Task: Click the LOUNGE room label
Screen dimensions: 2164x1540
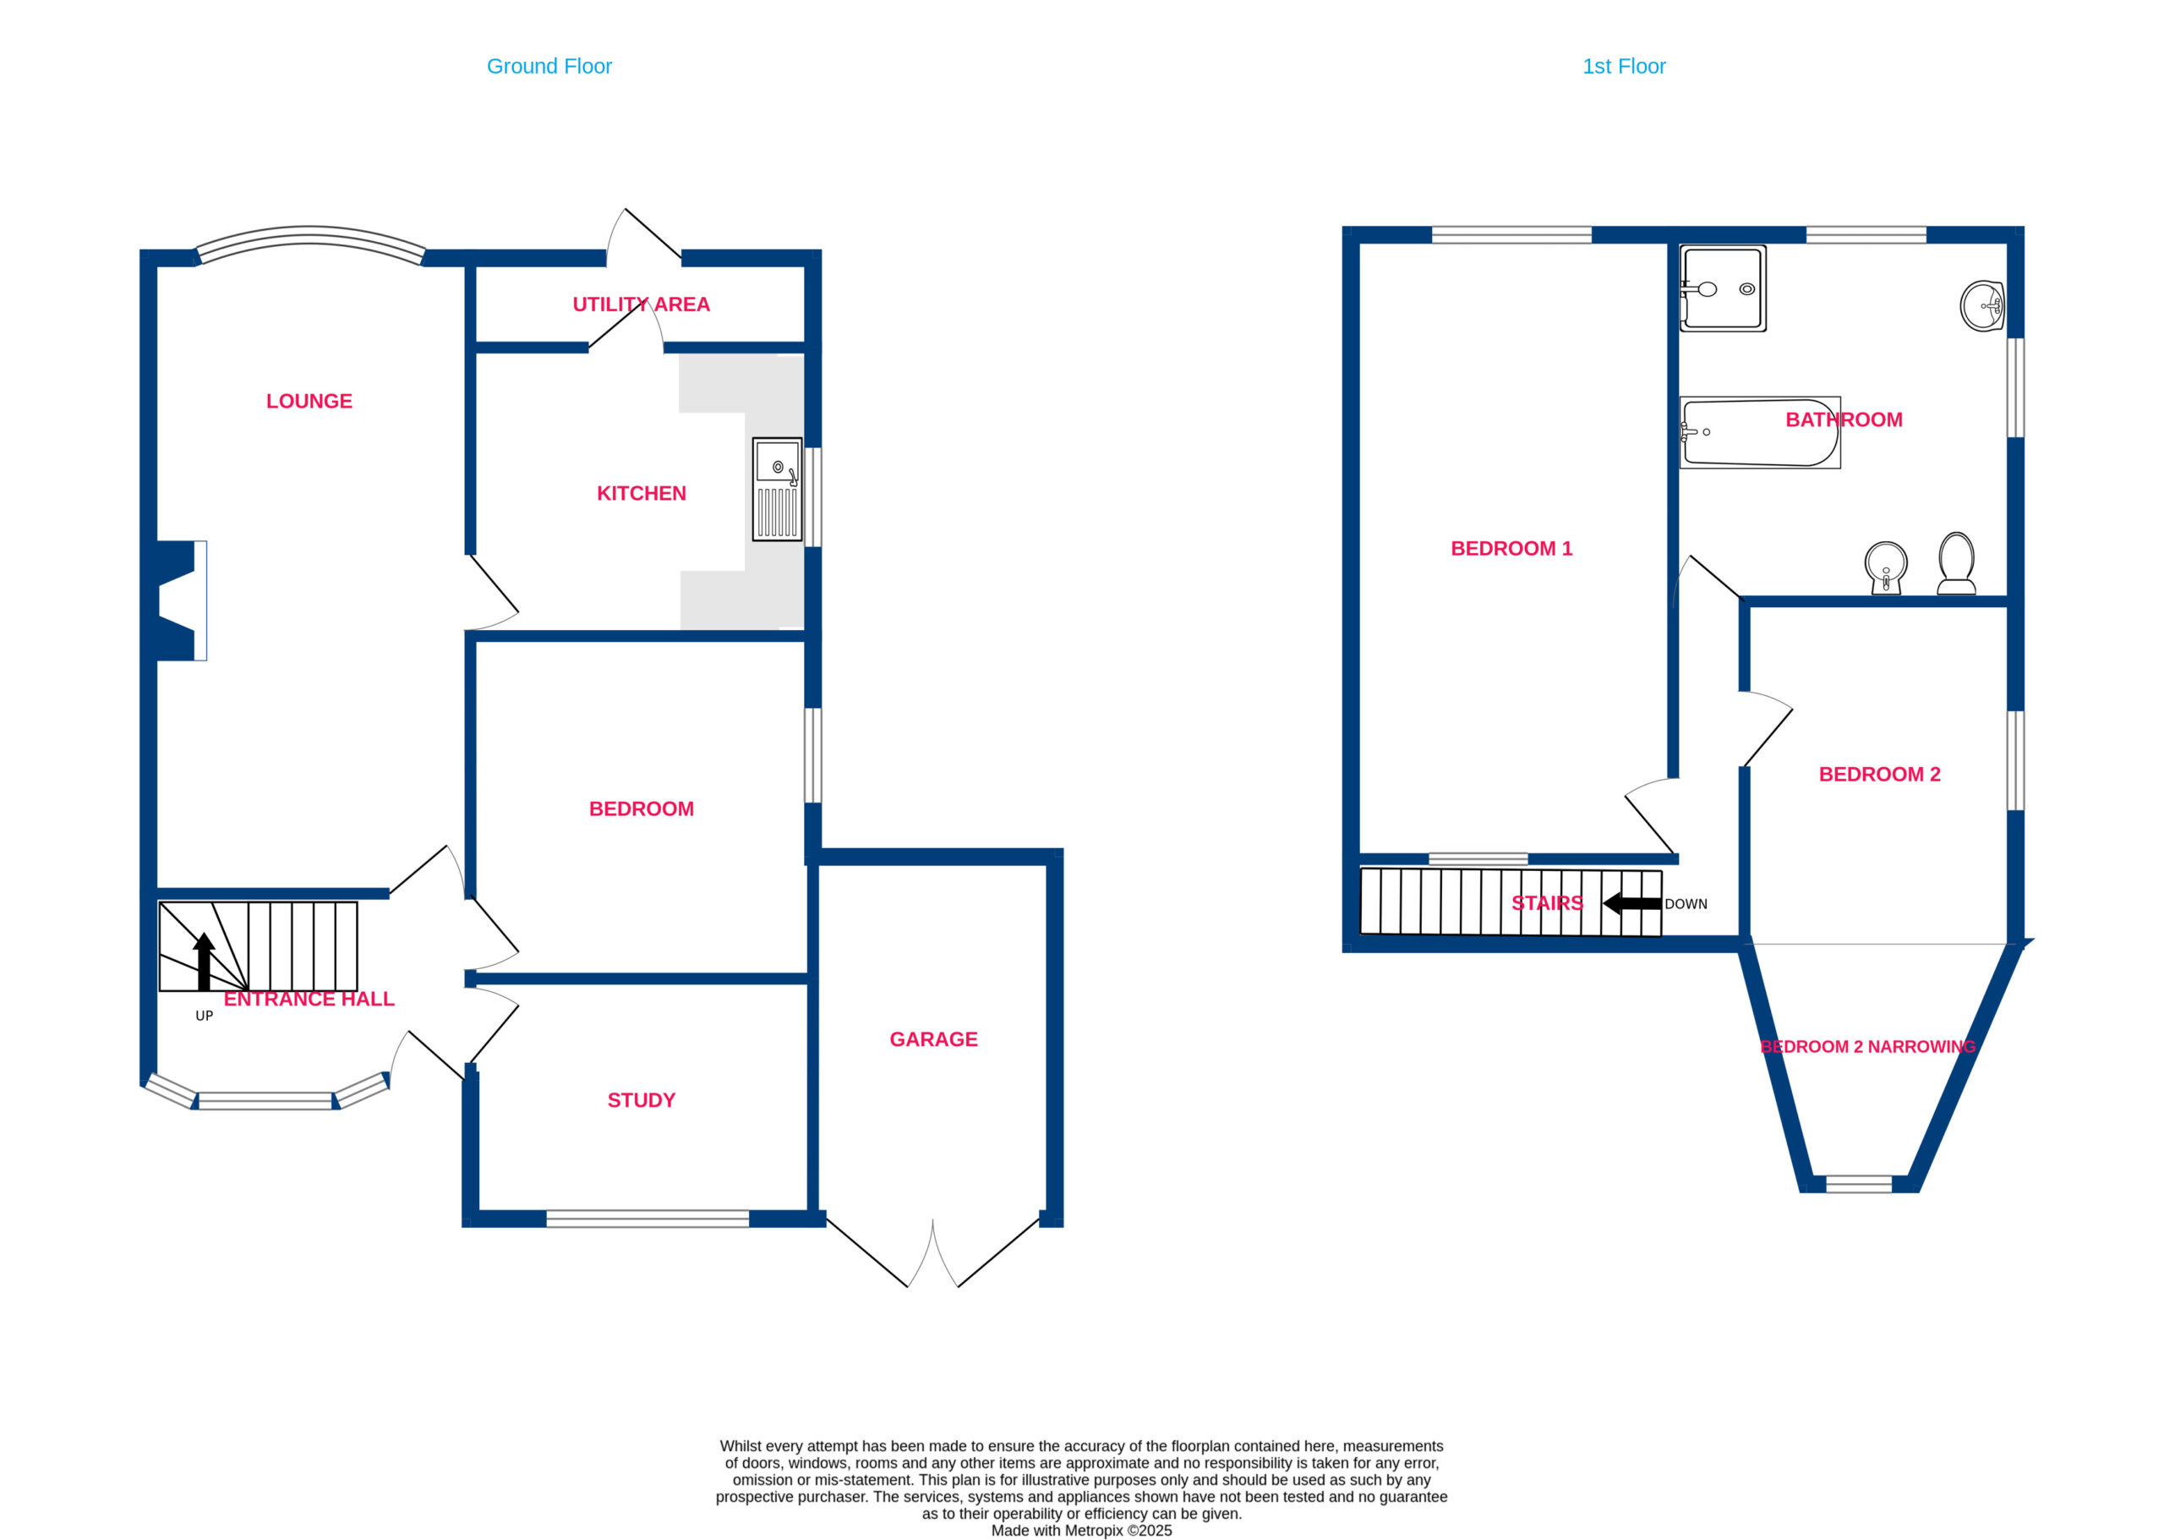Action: [x=309, y=401]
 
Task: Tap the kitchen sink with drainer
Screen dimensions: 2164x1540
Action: [x=776, y=490]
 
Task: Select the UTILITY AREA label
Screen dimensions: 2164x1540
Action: [x=641, y=304]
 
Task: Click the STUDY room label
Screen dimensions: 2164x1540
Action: [x=641, y=1100]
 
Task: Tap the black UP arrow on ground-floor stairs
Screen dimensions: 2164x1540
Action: [x=204, y=961]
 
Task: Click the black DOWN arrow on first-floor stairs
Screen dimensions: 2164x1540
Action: [x=1631, y=904]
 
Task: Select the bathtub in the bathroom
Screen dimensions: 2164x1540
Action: [x=1759, y=432]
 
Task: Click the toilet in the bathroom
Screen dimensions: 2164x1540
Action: [x=1956, y=563]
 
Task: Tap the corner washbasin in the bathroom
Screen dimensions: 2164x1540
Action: [x=1981, y=305]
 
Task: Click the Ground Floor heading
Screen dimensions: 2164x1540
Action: [x=549, y=66]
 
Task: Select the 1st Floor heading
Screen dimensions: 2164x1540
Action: [x=1624, y=66]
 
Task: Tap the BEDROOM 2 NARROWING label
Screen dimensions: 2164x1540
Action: [x=1867, y=1047]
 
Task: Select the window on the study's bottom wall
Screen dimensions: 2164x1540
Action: [x=648, y=1219]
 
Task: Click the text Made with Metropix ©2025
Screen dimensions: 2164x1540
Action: [x=1081, y=1531]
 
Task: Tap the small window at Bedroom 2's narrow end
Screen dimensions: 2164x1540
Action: [x=1858, y=1183]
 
